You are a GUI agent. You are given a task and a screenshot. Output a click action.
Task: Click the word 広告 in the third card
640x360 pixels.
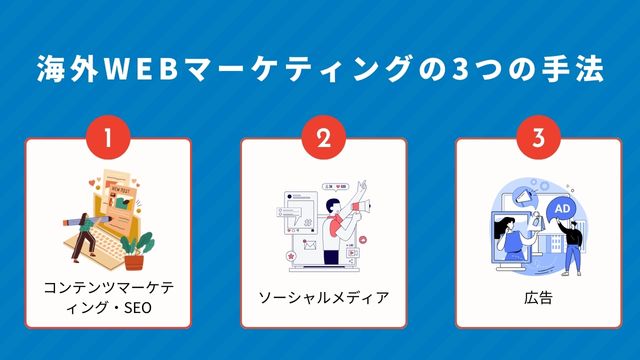click(x=538, y=297)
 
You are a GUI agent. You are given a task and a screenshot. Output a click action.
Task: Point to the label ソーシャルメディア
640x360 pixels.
click(x=323, y=297)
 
